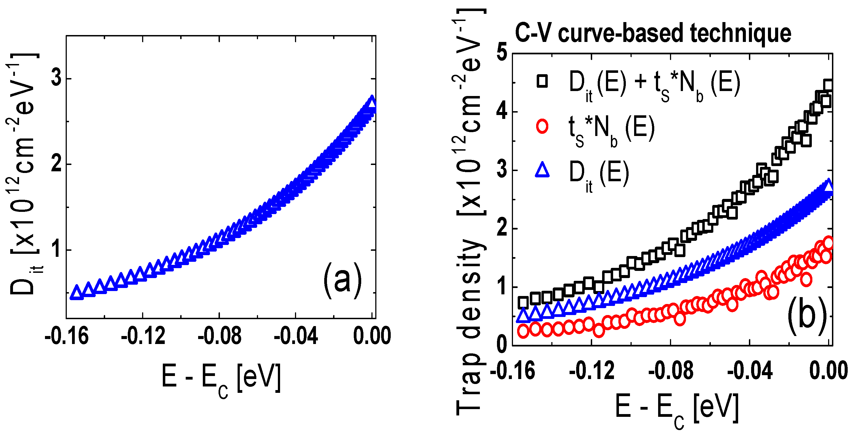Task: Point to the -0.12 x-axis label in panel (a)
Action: [x=143, y=336]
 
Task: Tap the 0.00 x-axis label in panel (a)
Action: [x=372, y=336]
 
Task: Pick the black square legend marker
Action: [x=542, y=81]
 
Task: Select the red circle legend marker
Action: [x=542, y=127]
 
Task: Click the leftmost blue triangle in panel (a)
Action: [x=77, y=293]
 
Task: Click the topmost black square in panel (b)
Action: [x=828, y=85]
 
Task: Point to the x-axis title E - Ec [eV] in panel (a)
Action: [x=221, y=378]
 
